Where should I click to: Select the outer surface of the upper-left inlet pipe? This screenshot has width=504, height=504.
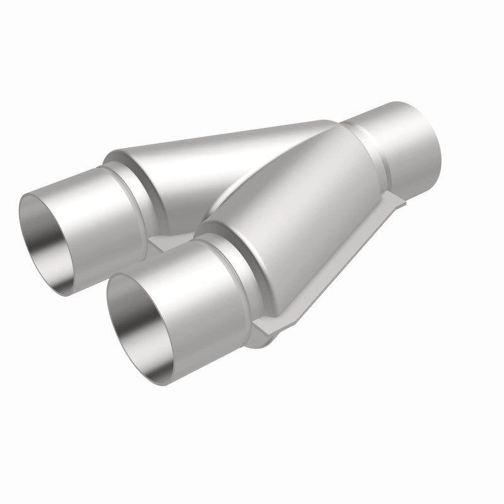pyautogui.click(x=94, y=202)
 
